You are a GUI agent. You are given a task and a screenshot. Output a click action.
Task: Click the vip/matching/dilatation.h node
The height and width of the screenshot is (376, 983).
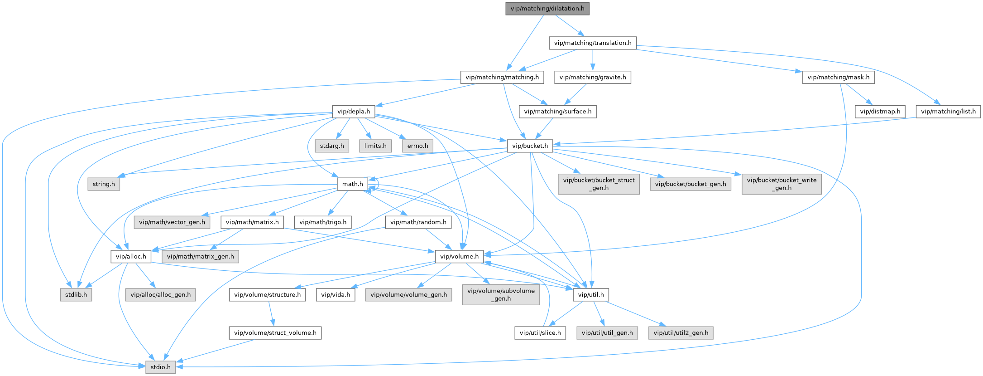(547, 9)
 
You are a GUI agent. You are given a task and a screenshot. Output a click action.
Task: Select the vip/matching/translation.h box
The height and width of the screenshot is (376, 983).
(592, 43)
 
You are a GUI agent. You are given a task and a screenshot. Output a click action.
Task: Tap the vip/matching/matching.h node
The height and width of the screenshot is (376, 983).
(502, 78)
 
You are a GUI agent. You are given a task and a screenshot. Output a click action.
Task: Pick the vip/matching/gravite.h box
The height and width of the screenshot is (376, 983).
(592, 78)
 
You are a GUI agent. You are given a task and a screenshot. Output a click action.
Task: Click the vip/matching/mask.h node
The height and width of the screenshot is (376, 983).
(838, 78)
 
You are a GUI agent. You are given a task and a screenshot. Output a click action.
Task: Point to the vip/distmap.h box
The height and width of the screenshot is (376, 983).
(880, 112)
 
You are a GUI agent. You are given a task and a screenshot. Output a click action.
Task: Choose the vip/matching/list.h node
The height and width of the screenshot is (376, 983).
(948, 112)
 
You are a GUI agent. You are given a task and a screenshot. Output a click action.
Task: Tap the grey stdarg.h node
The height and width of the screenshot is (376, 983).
(332, 146)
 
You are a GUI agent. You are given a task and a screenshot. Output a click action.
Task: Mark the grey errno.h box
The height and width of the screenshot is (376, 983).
(417, 146)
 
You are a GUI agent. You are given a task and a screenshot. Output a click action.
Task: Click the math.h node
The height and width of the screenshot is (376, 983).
(353, 184)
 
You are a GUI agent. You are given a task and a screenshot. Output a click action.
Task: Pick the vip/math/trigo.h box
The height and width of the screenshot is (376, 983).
(322, 222)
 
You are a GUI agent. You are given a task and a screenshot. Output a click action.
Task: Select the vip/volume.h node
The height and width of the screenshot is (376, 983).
(459, 257)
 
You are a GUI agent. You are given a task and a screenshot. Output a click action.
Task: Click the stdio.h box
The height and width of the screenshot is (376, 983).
(160, 367)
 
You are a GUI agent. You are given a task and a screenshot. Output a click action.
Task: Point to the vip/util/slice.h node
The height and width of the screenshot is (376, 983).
(540, 333)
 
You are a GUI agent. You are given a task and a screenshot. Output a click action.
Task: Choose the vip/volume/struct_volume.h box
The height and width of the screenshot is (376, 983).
(275, 333)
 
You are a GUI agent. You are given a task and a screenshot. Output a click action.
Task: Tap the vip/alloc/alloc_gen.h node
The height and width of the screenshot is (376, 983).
(160, 295)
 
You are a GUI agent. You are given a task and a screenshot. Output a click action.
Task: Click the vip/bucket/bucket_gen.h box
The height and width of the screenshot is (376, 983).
(690, 184)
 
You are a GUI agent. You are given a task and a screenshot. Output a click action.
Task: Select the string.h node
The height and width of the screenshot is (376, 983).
(104, 184)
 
